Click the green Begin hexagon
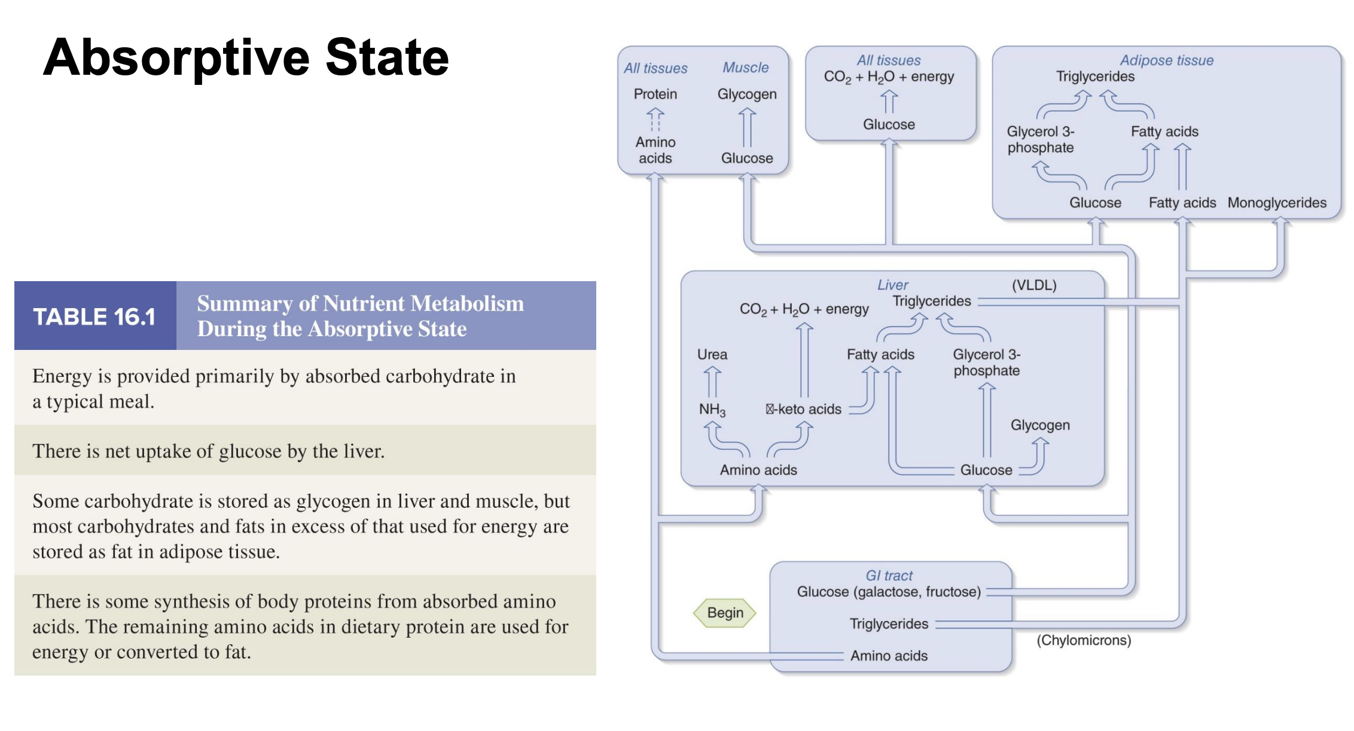[725, 613]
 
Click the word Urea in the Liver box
[712, 354]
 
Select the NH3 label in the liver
[712, 410]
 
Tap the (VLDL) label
[1033, 285]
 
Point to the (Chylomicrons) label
[1083, 640]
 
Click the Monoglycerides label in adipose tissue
[1276, 203]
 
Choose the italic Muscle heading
[745, 68]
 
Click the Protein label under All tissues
[655, 94]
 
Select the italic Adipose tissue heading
[1166, 60]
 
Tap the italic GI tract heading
[889, 575]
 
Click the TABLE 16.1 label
[94, 316]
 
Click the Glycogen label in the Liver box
[1039, 425]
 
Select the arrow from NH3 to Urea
[712, 382]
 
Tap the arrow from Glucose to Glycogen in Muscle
[746, 127]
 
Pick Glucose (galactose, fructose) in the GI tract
[888, 592]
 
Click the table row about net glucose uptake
[305, 450]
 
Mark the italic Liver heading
[892, 285]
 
